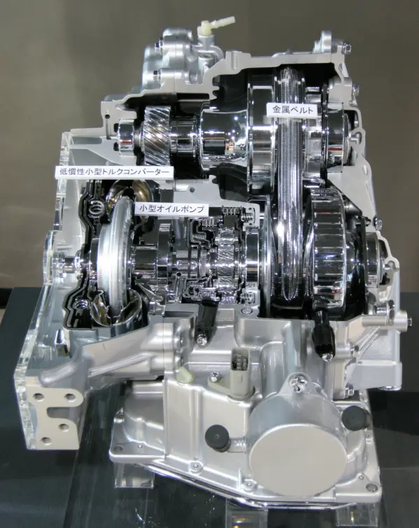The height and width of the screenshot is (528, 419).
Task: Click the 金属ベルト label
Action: point(292,110)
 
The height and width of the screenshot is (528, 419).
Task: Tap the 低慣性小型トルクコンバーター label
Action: point(114,172)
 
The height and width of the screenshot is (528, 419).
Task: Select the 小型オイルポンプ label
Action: point(171,209)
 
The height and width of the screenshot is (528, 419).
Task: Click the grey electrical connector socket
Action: point(240,364)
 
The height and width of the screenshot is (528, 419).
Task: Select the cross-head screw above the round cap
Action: point(299,387)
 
